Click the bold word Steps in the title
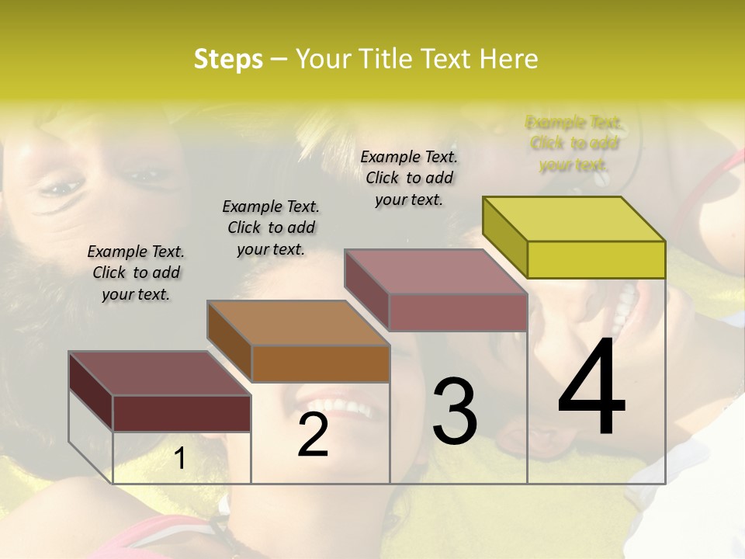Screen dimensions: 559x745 (x=228, y=59)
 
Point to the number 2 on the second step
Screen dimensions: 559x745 (x=313, y=435)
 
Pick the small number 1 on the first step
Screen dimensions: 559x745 (x=179, y=460)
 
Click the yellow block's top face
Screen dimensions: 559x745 (x=574, y=218)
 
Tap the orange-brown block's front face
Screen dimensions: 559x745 (x=321, y=363)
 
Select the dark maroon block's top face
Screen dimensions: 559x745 (x=159, y=373)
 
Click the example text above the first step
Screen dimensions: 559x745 (x=136, y=273)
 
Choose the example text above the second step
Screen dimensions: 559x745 (x=271, y=227)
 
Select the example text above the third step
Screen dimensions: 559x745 (x=409, y=178)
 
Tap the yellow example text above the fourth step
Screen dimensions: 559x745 (x=574, y=144)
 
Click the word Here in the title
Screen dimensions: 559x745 (x=509, y=59)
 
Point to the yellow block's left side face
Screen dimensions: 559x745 (x=504, y=237)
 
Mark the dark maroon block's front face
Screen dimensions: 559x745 (x=182, y=413)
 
